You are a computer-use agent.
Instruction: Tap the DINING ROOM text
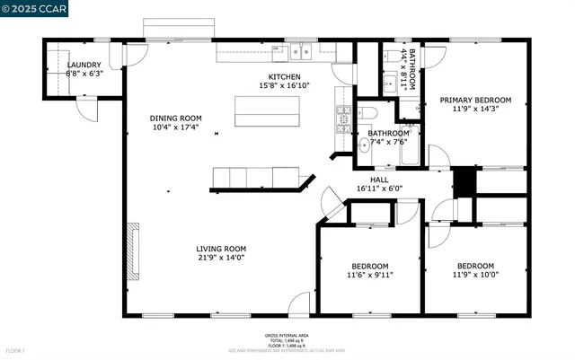coord(175,118)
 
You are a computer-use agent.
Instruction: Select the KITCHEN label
coord(285,77)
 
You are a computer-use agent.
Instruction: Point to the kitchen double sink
coord(299,51)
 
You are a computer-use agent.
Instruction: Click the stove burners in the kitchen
coord(343,116)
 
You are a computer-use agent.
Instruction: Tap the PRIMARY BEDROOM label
coord(474,100)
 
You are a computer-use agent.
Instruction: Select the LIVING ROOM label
coord(221,249)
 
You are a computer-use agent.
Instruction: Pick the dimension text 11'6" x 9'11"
coord(369,275)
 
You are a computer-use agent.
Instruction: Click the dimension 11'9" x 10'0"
coord(475,275)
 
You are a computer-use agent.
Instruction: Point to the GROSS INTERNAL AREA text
coord(287,336)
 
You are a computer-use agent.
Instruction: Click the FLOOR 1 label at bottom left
coord(14,349)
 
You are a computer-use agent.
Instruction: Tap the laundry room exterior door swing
coord(87,110)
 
